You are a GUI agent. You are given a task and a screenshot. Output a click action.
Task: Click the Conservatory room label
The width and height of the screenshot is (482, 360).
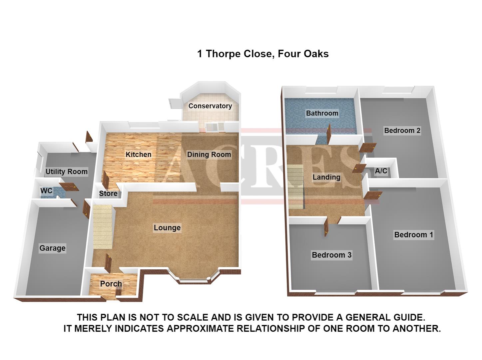[210, 106]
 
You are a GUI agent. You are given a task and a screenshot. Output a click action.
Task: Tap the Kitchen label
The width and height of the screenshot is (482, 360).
[138, 154]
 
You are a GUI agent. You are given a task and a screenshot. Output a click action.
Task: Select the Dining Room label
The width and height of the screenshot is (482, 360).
[209, 154]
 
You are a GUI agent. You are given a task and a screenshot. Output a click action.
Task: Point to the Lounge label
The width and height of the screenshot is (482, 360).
[167, 228]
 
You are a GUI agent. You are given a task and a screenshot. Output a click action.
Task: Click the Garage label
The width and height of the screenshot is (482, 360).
[52, 248]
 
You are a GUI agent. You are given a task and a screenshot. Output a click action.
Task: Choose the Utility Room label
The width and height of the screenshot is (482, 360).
[66, 172]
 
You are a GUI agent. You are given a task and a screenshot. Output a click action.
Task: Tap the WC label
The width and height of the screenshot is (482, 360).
[46, 191]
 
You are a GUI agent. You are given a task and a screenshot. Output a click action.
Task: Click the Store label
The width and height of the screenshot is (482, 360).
[108, 193]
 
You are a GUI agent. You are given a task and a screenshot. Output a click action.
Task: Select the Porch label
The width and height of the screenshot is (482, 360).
[111, 284]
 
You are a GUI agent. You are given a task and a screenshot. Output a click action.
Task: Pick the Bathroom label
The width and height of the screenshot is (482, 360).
[322, 113]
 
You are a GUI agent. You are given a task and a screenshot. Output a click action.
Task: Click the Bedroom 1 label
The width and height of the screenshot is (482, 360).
[414, 235]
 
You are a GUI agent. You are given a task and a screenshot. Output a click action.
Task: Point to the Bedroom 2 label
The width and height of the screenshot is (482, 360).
[402, 130]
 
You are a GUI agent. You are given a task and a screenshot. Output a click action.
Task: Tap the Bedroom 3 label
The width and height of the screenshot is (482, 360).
[331, 255]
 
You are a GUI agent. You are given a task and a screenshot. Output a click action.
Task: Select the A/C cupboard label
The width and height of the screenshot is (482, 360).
[381, 171]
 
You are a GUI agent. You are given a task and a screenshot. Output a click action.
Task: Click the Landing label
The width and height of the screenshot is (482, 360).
[326, 177]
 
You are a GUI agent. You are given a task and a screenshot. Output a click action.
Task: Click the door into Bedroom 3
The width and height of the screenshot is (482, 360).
[326, 229]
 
